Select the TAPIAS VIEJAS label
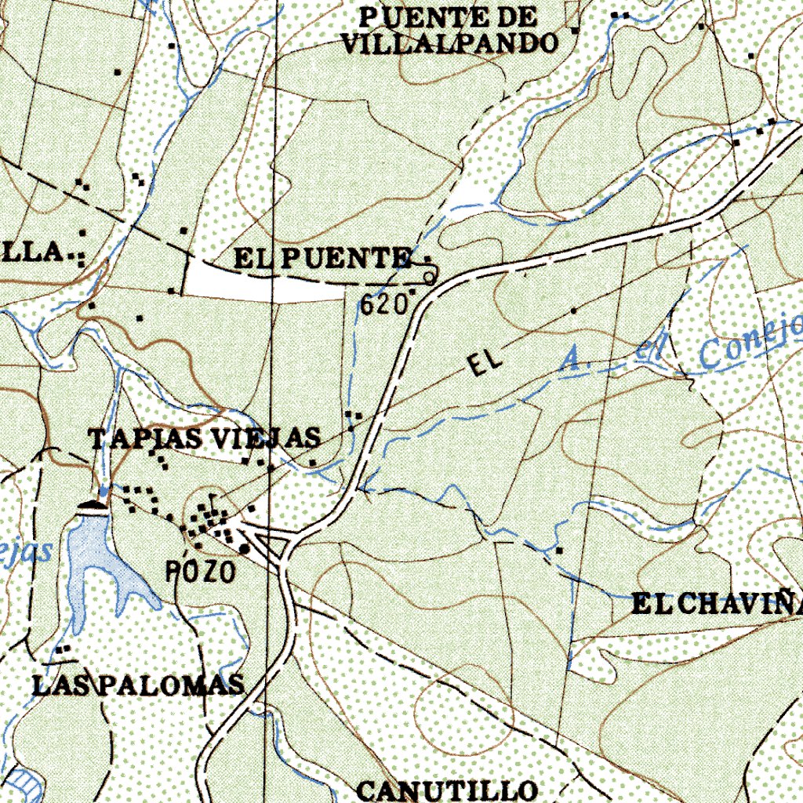click(205, 438)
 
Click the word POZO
click(201, 572)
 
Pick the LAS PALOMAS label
click(139, 685)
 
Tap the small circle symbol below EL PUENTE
click(429, 278)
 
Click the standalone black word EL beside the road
click(484, 363)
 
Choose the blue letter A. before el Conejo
click(573, 360)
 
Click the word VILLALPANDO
click(449, 42)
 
